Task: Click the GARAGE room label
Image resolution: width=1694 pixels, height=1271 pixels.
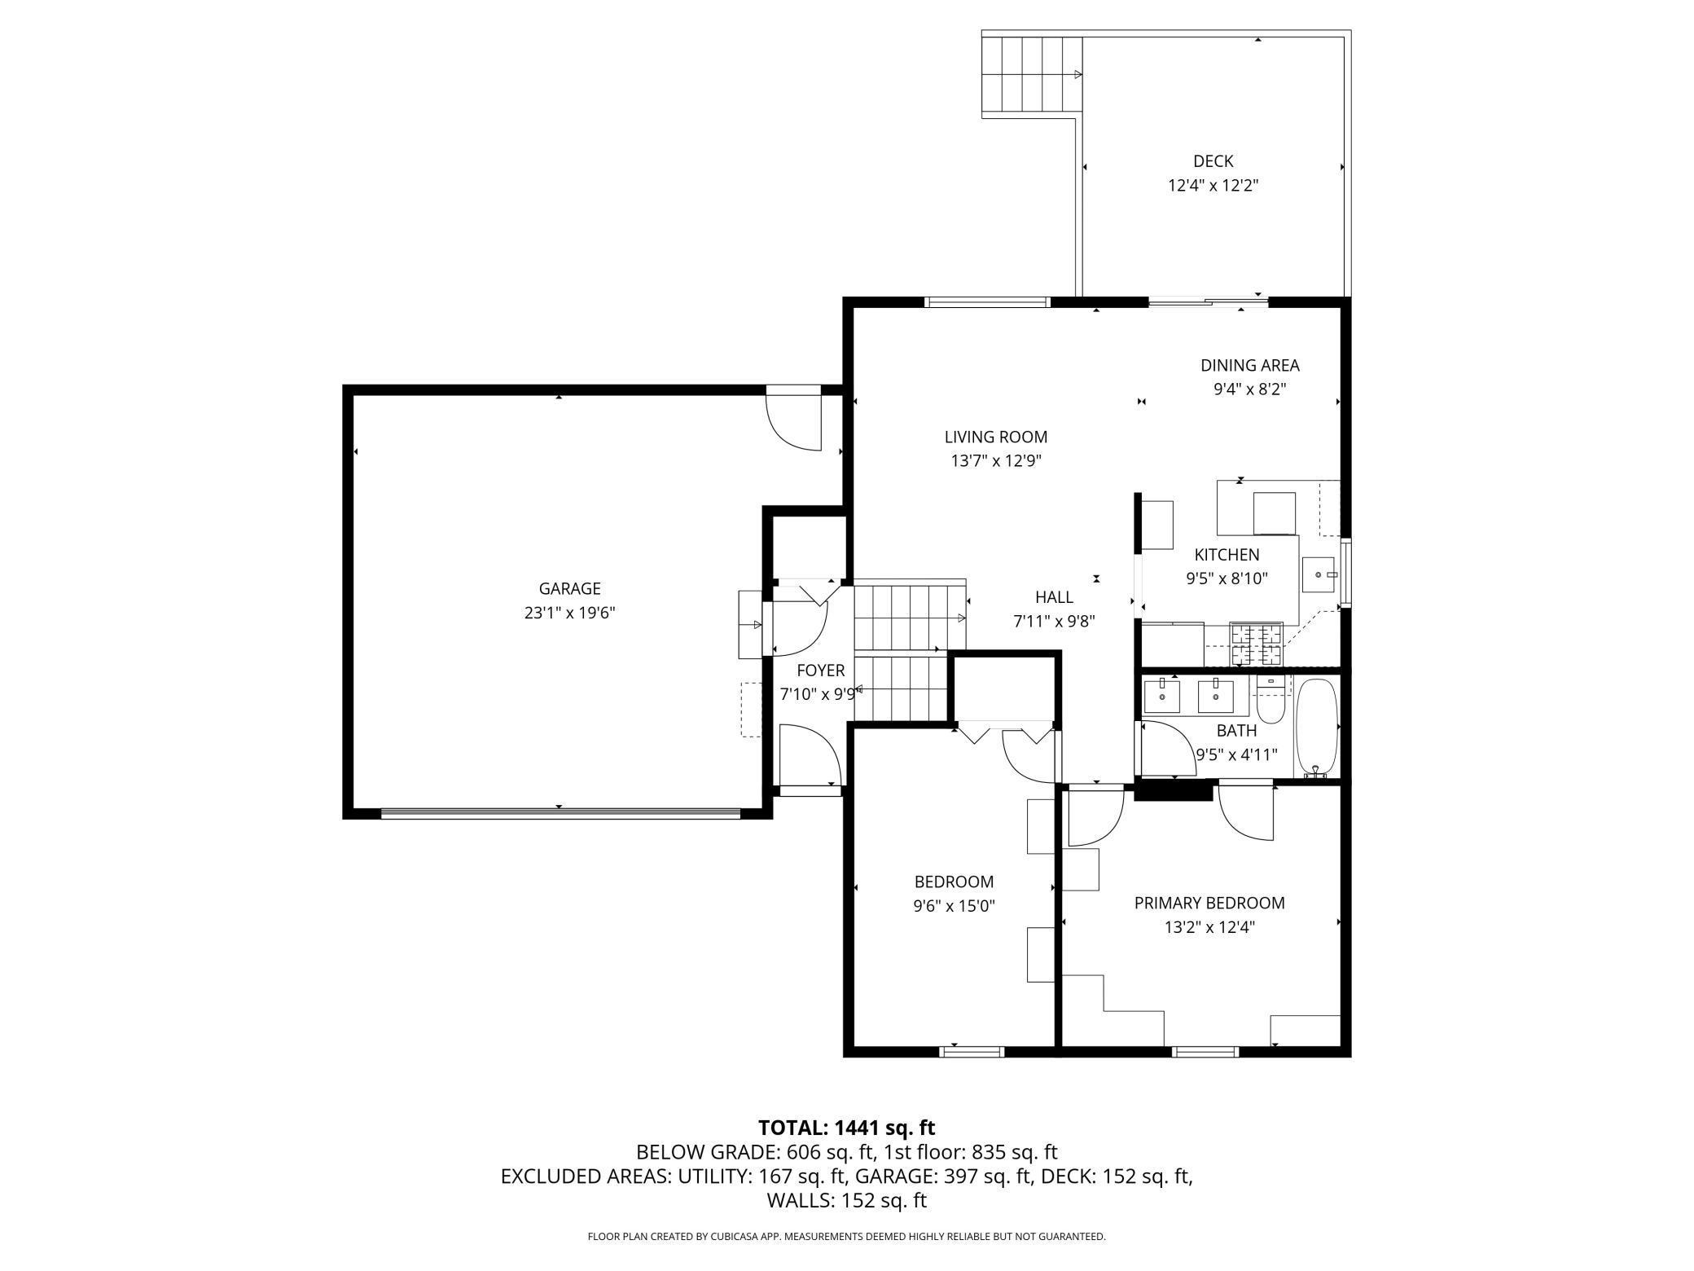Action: click(x=569, y=588)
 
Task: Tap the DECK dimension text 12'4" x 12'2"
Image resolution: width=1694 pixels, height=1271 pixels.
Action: click(x=1213, y=185)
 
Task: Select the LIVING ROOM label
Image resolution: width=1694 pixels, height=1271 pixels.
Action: click(x=995, y=437)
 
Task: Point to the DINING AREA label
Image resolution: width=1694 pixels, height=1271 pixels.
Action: click(x=1249, y=366)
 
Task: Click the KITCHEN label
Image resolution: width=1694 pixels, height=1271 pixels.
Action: click(x=1227, y=555)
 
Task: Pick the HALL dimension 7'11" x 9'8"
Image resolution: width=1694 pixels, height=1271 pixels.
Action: click(x=1054, y=622)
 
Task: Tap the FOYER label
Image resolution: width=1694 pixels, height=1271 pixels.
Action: click(x=820, y=671)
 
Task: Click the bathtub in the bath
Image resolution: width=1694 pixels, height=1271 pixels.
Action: click(x=1316, y=728)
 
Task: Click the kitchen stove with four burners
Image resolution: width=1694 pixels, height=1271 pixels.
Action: click(x=1255, y=644)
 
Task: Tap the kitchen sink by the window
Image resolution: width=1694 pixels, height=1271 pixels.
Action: click(x=1319, y=575)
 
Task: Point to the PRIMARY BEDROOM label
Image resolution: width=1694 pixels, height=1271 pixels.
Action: click(x=1209, y=903)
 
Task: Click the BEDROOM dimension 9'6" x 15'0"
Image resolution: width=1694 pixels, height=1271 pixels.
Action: click(x=954, y=905)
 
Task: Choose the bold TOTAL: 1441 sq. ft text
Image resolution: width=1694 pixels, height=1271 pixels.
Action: click(x=846, y=1128)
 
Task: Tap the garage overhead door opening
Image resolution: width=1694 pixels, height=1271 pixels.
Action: click(x=560, y=812)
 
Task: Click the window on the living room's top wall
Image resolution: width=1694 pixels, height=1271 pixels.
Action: click(x=986, y=302)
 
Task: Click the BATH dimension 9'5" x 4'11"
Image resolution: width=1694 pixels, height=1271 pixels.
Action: click(x=1236, y=754)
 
